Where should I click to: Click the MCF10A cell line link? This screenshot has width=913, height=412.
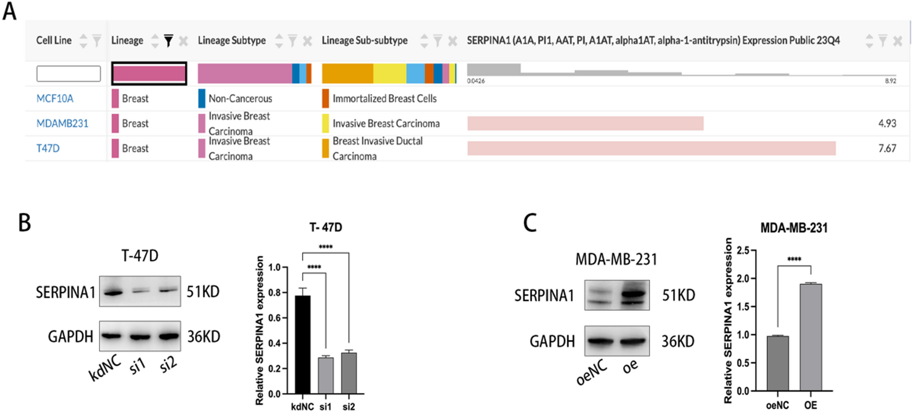(x=55, y=99)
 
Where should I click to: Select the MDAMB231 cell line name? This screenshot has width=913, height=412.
(x=62, y=124)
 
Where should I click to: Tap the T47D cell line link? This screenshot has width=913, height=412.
(x=48, y=148)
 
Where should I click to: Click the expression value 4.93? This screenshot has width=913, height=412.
(x=887, y=124)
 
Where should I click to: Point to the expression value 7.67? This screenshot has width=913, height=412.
(x=887, y=148)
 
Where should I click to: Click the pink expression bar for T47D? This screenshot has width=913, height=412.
(x=651, y=148)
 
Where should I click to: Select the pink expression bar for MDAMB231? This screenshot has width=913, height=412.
(x=585, y=124)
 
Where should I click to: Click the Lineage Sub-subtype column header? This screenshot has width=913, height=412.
(x=364, y=40)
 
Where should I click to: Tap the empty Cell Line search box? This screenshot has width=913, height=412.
(x=68, y=73)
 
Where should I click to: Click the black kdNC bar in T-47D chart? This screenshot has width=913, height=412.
(x=302, y=345)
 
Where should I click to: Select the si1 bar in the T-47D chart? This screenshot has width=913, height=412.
(x=326, y=375)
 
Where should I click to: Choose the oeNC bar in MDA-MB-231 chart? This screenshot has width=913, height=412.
(x=777, y=363)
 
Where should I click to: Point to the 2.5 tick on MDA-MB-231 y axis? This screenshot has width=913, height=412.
(x=743, y=250)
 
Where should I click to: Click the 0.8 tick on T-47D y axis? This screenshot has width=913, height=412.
(x=274, y=293)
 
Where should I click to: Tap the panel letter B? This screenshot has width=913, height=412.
(x=24, y=222)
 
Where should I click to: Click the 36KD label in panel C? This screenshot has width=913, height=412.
(x=678, y=341)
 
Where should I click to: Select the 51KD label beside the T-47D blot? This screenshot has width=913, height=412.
(x=203, y=291)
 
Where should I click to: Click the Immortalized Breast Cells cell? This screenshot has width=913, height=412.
(x=384, y=99)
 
